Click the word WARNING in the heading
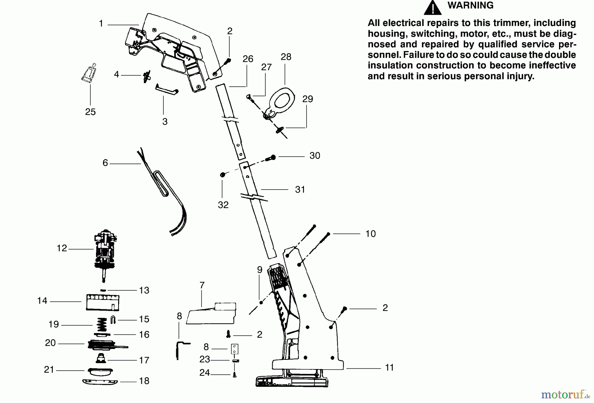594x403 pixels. click(470, 5)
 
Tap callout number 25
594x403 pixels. click(90, 112)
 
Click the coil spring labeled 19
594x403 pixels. click(102, 325)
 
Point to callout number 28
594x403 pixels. click(286, 57)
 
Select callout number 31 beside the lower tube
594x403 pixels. click(300, 189)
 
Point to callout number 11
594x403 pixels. click(389, 367)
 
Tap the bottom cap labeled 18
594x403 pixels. click(100, 382)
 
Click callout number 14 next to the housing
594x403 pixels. click(42, 300)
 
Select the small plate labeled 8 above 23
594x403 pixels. click(234, 349)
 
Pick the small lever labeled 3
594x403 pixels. click(167, 90)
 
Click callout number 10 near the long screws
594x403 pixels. click(370, 234)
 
